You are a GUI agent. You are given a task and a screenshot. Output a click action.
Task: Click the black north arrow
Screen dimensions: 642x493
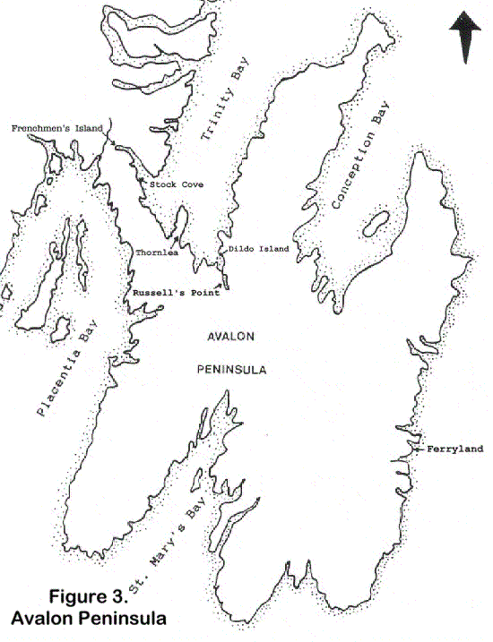point(465,39)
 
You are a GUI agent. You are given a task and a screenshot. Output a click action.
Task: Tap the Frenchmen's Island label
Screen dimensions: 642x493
point(56,129)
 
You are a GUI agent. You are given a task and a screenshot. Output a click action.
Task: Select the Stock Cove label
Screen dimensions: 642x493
point(177,184)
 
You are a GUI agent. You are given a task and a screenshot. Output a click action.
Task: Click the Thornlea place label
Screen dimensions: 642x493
point(157,253)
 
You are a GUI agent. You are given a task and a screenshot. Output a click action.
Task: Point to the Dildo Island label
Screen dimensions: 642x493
point(259,249)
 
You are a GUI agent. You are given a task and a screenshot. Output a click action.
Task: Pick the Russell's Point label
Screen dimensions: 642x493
point(177,294)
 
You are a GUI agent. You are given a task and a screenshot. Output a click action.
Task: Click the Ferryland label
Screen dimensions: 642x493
point(455,449)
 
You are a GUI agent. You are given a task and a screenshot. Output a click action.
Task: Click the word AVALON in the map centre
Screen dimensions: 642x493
point(231,337)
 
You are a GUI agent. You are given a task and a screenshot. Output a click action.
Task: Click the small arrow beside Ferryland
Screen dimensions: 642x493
point(420,449)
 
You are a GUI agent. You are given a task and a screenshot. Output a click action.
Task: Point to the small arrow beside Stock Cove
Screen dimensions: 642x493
point(143,183)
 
